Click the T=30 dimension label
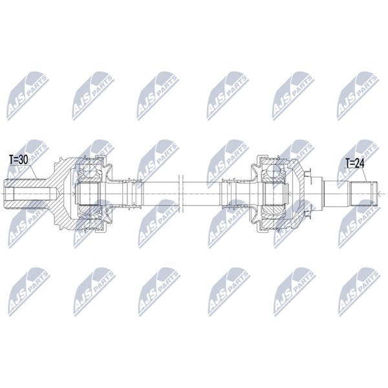[18, 160]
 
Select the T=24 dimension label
[355, 164]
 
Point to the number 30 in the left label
[23, 160]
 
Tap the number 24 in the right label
[360, 164]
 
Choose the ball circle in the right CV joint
[273, 170]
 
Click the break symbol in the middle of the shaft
[180, 193]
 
